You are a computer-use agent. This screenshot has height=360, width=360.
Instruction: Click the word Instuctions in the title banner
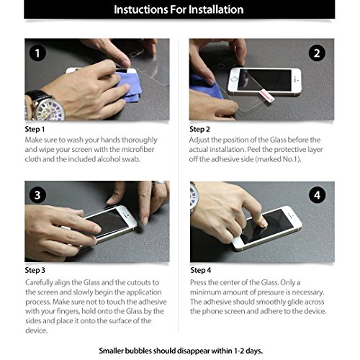pos(140,9)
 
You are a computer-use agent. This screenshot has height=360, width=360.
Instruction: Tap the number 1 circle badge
pos(37,53)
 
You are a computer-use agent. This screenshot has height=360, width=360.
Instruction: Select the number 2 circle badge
pos(317,53)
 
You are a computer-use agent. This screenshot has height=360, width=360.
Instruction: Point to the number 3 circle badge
pos(37,194)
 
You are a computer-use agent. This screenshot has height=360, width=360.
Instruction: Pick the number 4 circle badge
pos(318,195)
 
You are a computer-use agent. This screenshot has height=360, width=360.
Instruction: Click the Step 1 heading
pos(35,130)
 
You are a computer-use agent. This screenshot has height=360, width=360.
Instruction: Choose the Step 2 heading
pos(199,130)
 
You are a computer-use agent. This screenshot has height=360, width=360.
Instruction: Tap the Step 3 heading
pos(35,270)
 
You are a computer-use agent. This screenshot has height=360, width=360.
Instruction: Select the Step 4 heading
pos(201,270)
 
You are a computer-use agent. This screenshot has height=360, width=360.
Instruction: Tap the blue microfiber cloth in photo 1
pos(128,86)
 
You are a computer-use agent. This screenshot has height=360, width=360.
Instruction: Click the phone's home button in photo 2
pos(234,79)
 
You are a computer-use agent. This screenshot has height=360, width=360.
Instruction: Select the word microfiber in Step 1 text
pos(138,149)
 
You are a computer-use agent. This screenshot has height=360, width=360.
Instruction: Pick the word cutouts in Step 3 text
pos(140,283)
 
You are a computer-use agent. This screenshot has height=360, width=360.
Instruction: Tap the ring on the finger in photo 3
pos(158,183)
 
